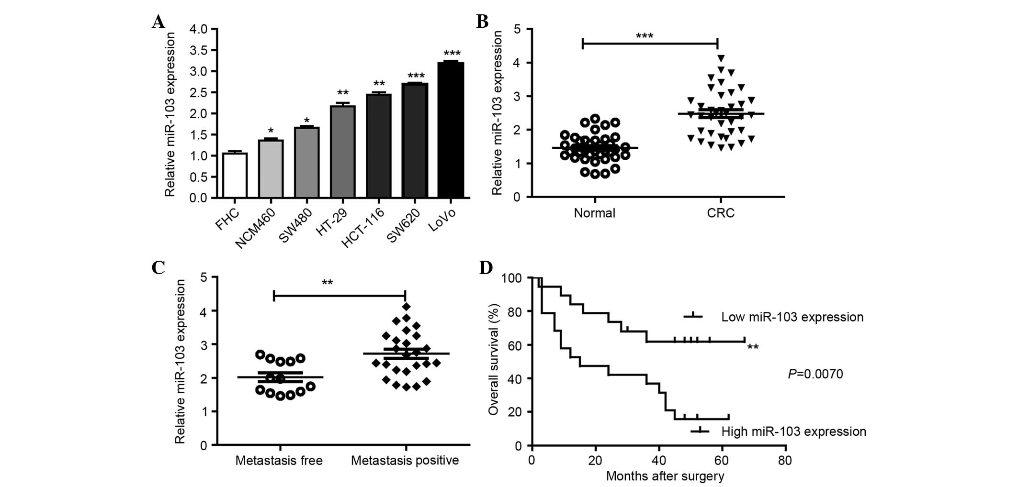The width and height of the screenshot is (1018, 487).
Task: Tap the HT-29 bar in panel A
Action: pyautogui.click(x=343, y=152)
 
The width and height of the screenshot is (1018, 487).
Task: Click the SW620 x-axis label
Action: pyautogui.click(x=403, y=226)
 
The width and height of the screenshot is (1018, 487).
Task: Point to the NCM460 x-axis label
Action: pyautogui.click(x=255, y=229)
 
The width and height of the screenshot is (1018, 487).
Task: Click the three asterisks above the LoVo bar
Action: pyautogui.click(x=452, y=54)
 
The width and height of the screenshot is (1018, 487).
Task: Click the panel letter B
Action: pyautogui.click(x=482, y=21)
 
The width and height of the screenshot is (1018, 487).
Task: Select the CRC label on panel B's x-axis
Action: pyautogui.click(x=720, y=213)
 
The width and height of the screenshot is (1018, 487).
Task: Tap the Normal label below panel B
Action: pyautogui.click(x=594, y=213)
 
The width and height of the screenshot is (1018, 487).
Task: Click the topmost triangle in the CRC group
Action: pyautogui.click(x=721, y=58)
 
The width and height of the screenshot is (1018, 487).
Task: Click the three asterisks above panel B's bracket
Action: pyautogui.click(x=645, y=36)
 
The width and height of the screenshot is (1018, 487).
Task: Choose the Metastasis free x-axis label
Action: pyautogui.click(x=279, y=461)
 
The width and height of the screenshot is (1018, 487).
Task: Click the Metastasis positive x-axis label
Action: pyautogui.click(x=405, y=461)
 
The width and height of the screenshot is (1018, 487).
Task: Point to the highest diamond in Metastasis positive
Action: pyautogui.click(x=407, y=307)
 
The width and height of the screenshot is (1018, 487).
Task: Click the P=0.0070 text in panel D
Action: pyautogui.click(x=815, y=374)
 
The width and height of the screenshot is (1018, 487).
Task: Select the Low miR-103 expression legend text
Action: pyautogui.click(x=792, y=317)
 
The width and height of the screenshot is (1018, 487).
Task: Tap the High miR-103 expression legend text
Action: pyautogui.click(x=793, y=432)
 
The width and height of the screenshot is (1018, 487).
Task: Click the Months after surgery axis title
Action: pyautogui.click(x=665, y=476)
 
